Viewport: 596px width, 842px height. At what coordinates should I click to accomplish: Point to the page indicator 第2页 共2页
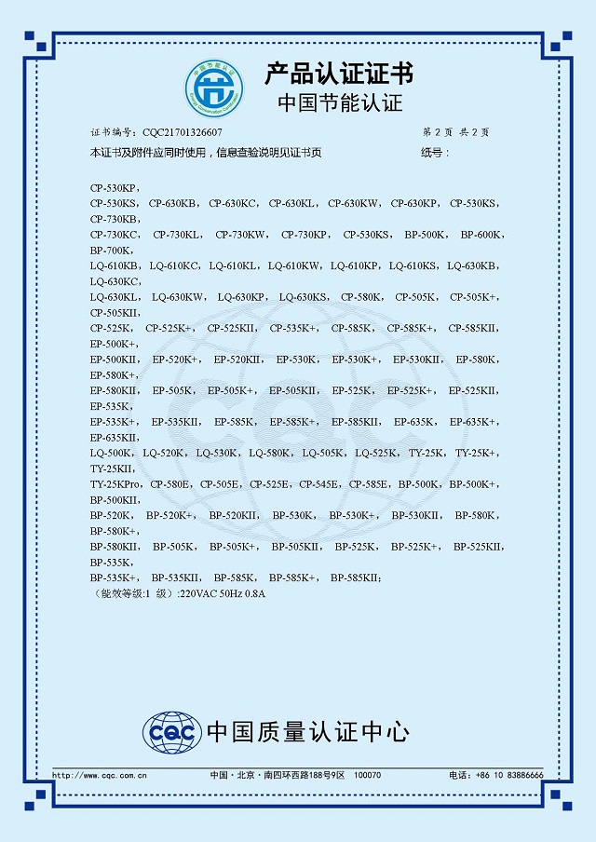coord(455,133)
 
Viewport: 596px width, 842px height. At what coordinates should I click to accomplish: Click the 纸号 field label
coord(434,152)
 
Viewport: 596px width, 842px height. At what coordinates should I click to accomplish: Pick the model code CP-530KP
coord(114,187)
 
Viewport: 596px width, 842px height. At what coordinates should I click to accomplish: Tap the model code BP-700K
coord(112,251)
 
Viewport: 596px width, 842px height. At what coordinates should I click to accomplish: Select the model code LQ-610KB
coord(114,265)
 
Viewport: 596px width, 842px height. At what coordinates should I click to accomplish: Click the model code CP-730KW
coord(241,235)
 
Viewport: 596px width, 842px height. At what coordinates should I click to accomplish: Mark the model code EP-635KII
coord(115,438)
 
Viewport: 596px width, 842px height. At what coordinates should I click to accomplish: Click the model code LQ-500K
coord(111,454)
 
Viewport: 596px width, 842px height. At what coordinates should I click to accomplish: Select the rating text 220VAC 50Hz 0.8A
coord(223,594)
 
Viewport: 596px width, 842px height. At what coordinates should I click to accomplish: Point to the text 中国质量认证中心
coord(307,733)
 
